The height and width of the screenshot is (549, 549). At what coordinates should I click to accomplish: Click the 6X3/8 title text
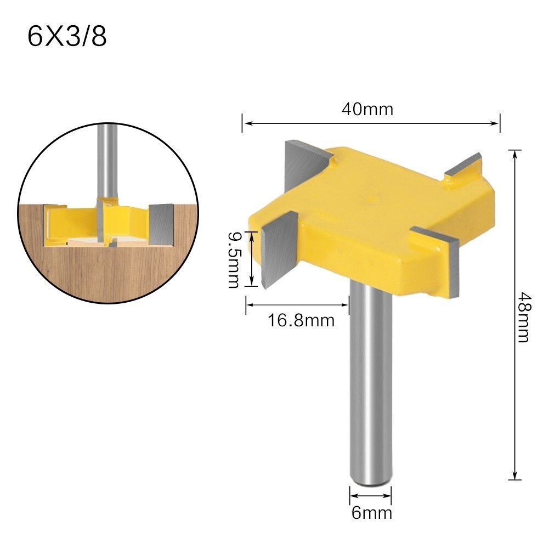pyautogui.click(x=67, y=37)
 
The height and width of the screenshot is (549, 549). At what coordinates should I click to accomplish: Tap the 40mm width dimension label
pyautogui.click(x=367, y=109)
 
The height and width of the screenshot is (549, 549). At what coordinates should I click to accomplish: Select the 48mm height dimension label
pyautogui.click(x=524, y=316)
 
